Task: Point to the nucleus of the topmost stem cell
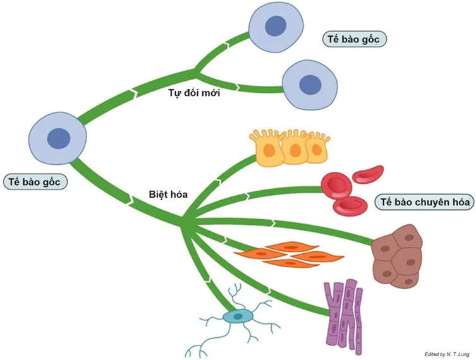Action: coord(274,27)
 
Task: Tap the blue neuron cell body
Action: coord(238,315)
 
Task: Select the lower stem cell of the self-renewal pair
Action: coord(309,84)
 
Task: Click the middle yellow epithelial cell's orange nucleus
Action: coord(293,152)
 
